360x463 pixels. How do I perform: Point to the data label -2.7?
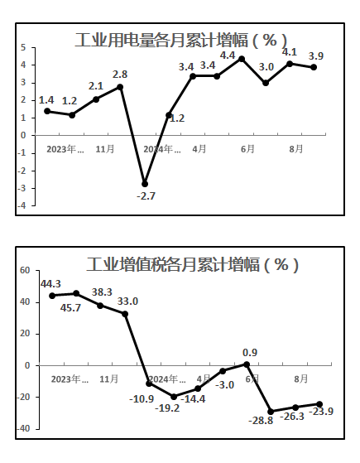[x=146, y=195]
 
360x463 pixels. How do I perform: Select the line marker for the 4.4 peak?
[x=242, y=59]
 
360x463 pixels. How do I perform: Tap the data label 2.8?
[x=120, y=75]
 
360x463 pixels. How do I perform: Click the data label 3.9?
[x=316, y=55]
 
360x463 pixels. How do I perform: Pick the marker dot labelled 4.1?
[x=290, y=64]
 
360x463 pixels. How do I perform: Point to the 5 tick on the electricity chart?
[x=23, y=47]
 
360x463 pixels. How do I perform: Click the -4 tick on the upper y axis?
[x=22, y=205]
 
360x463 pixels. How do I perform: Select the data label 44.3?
[x=50, y=284]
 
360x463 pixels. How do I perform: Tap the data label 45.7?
[x=70, y=308]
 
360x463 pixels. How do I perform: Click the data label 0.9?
[x=250, y=352]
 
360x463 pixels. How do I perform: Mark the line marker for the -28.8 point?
[x=271, y=412]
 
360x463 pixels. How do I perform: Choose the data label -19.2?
[x=167, y=408]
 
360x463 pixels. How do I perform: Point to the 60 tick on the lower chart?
[x=25, y=270]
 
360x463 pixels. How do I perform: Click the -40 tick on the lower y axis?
[x=23, y=428]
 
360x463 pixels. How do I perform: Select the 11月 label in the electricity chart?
[x=105, y=149]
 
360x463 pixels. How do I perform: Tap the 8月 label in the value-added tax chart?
[x=300, y=379]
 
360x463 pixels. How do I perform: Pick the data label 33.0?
[x=127, y=301]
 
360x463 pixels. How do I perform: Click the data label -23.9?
[x=321, y=411]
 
